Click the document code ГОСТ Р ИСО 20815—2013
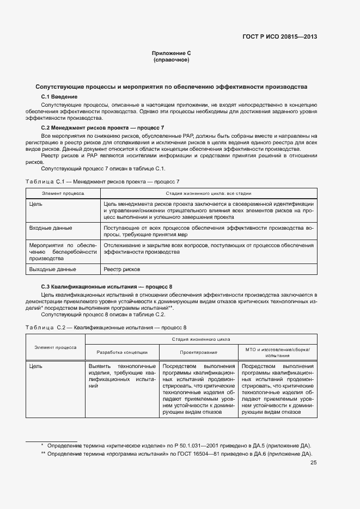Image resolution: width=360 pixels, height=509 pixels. tap(279, 37)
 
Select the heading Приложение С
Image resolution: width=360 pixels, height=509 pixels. tap(171, 53)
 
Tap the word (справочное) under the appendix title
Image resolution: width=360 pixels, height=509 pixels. tap(171, 60)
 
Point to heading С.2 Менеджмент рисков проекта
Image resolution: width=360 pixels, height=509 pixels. tap(102, 127)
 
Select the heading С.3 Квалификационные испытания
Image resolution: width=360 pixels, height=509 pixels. tap(107, 287)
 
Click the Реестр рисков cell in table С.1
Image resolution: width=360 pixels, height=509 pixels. tap(122, 269)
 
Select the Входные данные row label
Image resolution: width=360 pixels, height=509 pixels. tap(51, 228)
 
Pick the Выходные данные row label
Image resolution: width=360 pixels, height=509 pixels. tap(52, 269)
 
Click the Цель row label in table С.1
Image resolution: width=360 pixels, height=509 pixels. tap(36, 204)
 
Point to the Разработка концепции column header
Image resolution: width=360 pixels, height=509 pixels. tap(122, 352)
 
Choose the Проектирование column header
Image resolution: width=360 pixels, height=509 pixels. tap(198, 352)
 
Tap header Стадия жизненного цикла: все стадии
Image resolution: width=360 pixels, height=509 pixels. tap(208, 193)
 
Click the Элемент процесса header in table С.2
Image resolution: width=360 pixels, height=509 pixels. tap(56, 347)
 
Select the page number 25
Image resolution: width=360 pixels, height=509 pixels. tap(313, 463)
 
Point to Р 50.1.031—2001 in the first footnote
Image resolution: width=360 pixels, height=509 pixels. tap(169, 446)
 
